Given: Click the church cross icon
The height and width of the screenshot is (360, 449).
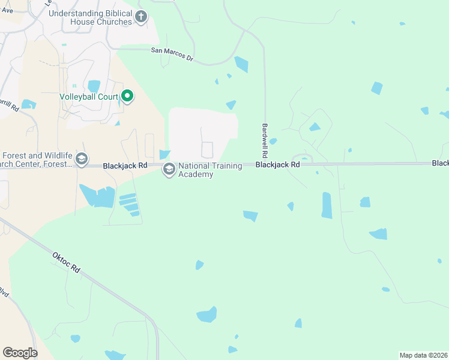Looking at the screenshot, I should click(141, 17).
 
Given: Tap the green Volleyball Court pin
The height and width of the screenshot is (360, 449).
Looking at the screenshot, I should click(127, 96).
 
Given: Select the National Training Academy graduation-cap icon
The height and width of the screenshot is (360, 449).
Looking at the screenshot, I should click(169, 170).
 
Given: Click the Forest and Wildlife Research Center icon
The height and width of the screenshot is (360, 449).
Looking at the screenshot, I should click(82, 160).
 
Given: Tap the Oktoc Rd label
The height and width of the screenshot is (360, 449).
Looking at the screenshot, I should click(67, 262).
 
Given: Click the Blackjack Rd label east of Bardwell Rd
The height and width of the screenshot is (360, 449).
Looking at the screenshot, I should click(277, 164).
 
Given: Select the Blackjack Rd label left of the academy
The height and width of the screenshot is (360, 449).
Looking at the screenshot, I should click(125, 165).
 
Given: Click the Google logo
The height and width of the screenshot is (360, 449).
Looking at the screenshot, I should click(20, 353).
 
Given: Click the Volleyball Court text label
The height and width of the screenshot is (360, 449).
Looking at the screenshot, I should click(88, 96).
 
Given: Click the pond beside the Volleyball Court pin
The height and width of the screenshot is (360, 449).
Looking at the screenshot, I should click(94, 86).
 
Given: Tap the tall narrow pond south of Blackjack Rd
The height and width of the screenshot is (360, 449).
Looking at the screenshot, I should click(327, 205).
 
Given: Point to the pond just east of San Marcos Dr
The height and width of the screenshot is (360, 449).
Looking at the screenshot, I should click(241, 64).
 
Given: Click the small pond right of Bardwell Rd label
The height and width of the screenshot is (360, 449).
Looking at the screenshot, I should click(273, 142).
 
